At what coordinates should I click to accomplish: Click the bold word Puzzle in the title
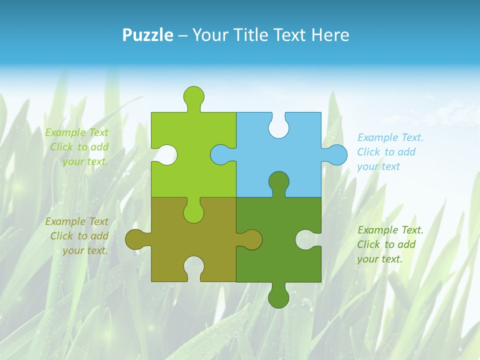pyautogui.click(x=147, y=35)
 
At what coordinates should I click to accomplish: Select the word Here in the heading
pyautogui.click(x=330, y=35)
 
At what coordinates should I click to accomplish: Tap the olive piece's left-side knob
pyautogui.click(x=135, y=239)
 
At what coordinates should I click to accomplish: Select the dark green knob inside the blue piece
pyautogui.click(x=278, y=182)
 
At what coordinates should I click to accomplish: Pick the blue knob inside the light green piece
pyautogui.click(x=220, y=154)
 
